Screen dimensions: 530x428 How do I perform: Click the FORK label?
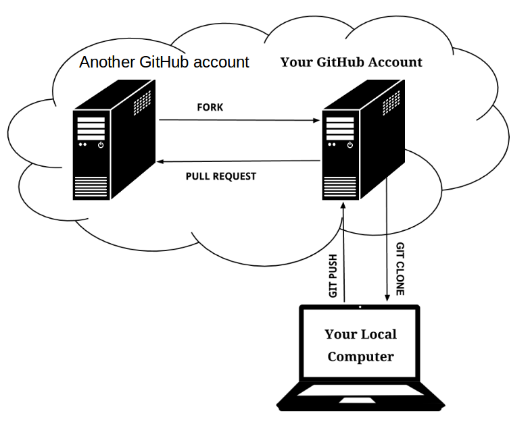pos(210,107)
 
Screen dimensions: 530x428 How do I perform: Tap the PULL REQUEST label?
pos(221,176)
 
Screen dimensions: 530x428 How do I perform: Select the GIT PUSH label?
pos(333,275)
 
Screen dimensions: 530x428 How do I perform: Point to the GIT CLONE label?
pos(400,269)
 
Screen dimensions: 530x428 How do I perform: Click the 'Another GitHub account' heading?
pos(164,62)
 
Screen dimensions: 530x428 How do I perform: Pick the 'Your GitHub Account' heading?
pos(352,62)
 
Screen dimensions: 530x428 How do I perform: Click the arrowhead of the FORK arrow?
pos(316,120)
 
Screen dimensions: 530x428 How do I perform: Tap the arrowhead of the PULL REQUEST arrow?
pos(160,162)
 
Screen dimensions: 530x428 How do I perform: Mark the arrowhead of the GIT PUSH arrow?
pos(343,205)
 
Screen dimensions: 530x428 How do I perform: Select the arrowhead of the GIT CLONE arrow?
pos(387,298)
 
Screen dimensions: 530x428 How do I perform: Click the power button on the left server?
pos(101,145)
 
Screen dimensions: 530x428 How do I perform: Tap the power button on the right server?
pos(350,145)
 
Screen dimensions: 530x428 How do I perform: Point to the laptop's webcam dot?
pos(360,306)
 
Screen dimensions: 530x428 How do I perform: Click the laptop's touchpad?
pos(357,400)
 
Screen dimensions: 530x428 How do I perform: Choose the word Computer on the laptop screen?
pos(361,356)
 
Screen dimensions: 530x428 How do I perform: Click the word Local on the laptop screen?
pos(379,334)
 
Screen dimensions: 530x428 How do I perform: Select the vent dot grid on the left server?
pos(142,103)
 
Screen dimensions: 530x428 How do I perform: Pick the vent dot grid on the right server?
pos(391,103)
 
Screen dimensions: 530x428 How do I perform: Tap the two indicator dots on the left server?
pos(82,144)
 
